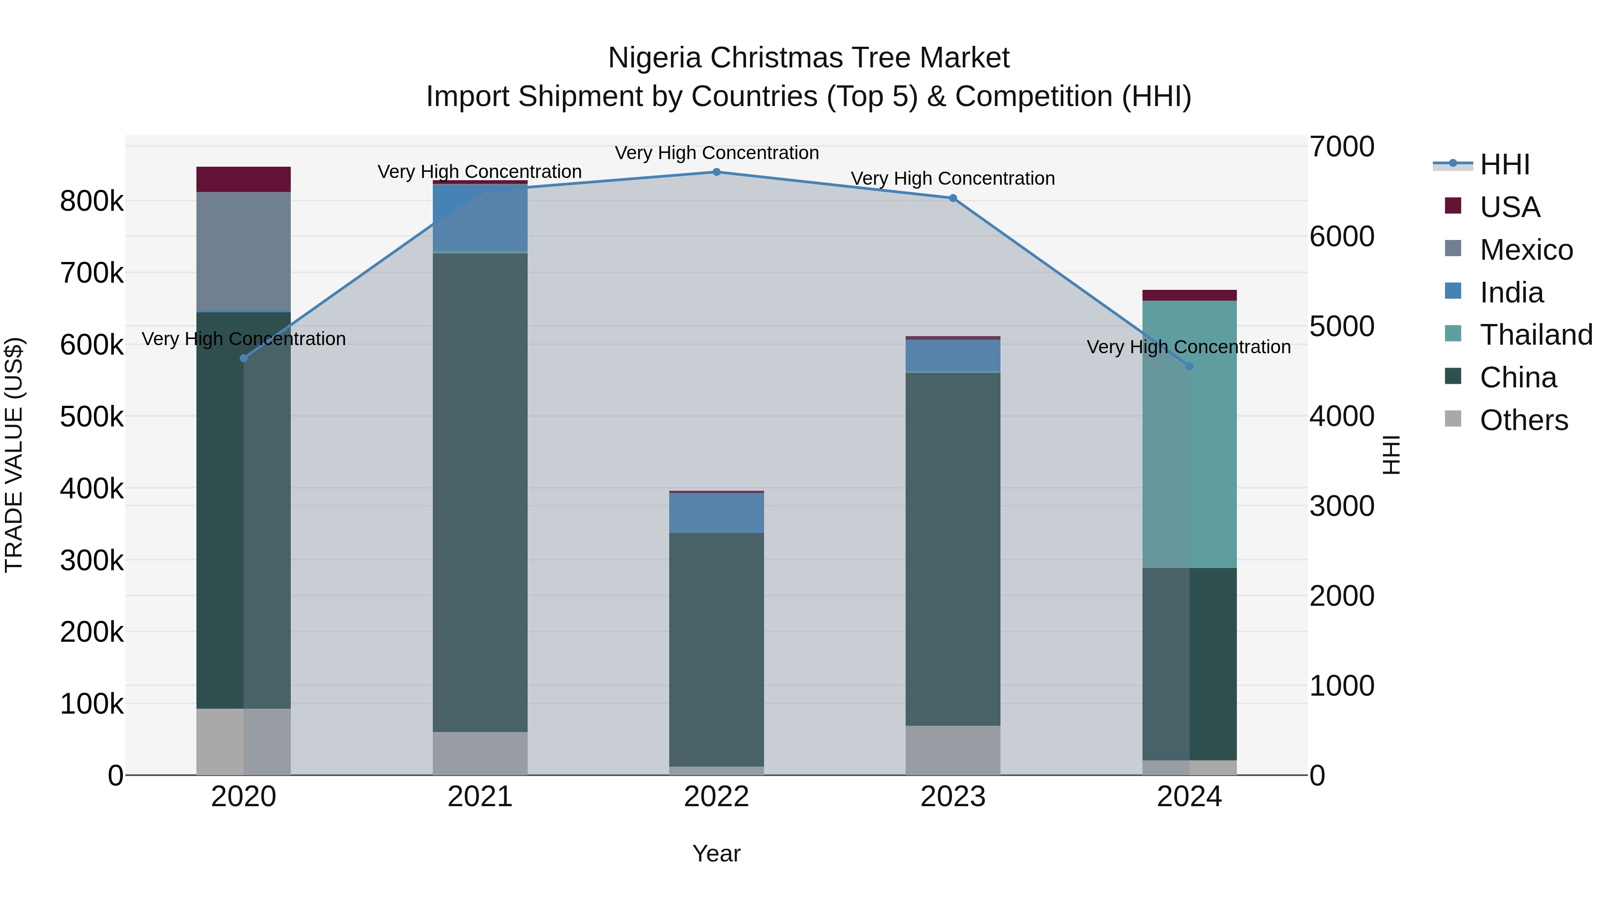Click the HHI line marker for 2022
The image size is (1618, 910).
pos(716,172)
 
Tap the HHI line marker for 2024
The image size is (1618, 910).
pos(1189,366)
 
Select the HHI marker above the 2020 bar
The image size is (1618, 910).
pos(244,358)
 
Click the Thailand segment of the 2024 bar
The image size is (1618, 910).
pos(1189,433)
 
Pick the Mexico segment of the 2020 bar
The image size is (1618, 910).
pos(244,251)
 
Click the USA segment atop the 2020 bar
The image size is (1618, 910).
pos(244,179)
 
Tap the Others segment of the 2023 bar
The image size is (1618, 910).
pos(952,750)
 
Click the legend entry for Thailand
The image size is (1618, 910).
pos(1536,335)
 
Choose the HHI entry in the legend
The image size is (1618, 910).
pos(1504,164)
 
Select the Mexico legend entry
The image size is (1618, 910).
pos(1526,250)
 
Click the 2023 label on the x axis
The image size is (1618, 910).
pos(952,797)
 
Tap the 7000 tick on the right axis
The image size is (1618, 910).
pos(1342,147)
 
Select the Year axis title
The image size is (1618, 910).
pos(716,853)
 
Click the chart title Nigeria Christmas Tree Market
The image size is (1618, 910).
pos(809,58)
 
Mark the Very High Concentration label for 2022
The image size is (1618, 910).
pos(716,153)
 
